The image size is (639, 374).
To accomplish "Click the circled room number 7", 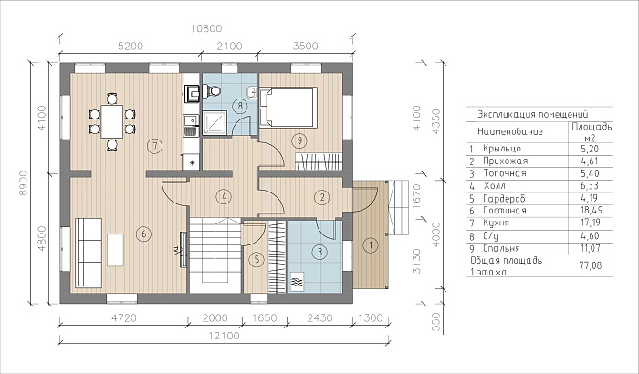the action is coord(155,146).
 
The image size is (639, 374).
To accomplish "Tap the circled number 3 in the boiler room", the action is coord(319,252).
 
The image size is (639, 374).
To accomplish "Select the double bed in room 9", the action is coord(288,107).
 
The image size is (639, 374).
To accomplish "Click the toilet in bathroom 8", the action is coord(212,91).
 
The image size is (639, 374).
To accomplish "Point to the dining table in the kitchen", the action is coord(112,121).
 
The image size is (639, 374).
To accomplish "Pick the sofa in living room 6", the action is coord(89,253).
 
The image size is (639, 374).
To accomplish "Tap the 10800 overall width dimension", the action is coord(206,29).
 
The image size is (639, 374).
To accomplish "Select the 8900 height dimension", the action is coord(23,182).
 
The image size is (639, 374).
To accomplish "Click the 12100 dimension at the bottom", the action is coord(225,336).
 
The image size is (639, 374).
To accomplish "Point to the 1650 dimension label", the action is coord(265,317).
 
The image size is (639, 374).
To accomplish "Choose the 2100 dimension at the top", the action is coord(229,46).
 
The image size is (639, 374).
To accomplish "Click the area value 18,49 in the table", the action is coord(590,211).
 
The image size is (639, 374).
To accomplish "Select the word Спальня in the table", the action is coord(501,248).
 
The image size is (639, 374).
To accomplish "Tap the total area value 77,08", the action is coord(591,265).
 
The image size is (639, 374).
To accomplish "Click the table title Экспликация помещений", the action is coord(532,114).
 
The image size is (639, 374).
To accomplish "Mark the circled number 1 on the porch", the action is coord(371,245).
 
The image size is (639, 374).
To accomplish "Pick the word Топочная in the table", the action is coord(505,173).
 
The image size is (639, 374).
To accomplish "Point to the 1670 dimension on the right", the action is coord(416,196).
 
